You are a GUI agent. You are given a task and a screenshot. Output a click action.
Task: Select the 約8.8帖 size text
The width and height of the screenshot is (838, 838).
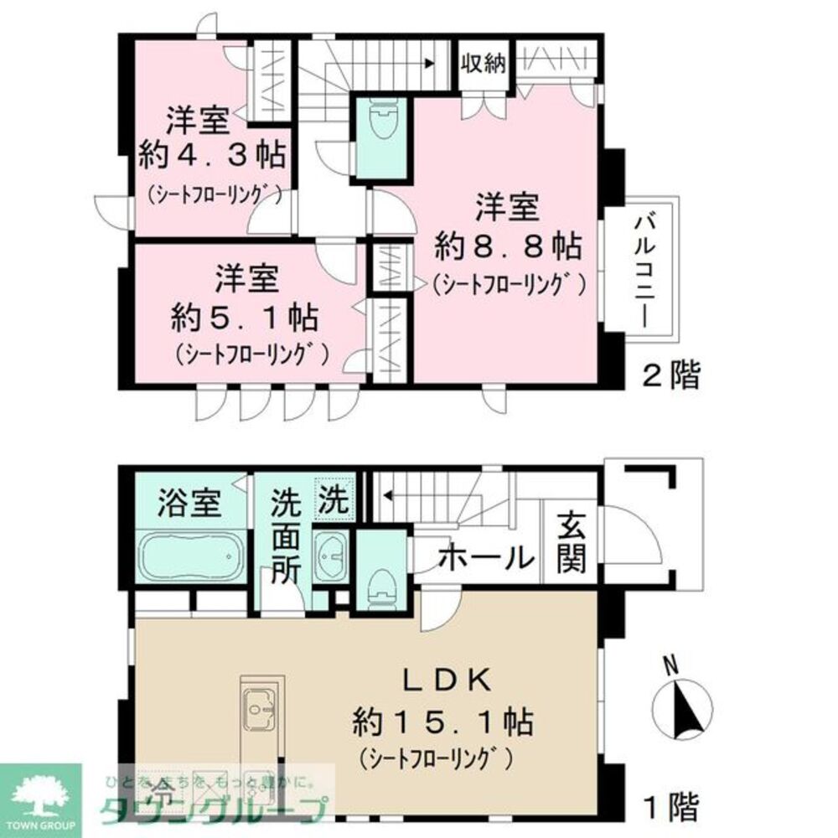(508, 246)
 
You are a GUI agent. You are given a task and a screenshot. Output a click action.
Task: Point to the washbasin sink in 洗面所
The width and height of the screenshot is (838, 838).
(334, 555)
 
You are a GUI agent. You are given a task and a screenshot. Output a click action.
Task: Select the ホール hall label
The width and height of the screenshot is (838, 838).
(486, 556)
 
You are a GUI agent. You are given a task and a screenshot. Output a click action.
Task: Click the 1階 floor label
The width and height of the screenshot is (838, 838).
(670, 809)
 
